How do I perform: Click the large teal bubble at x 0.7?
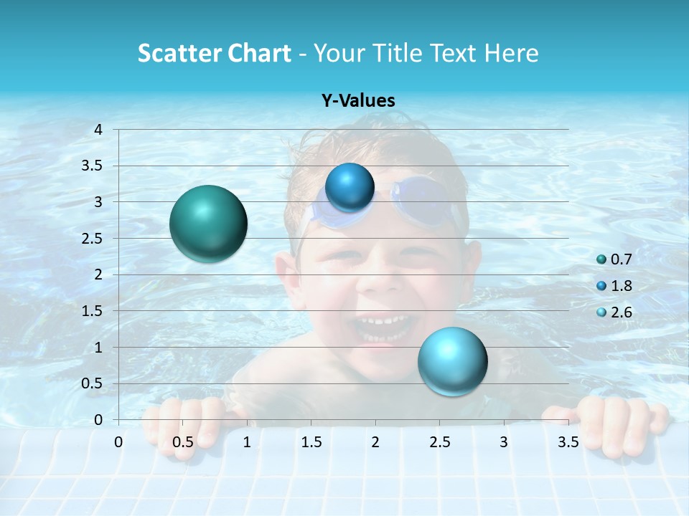pyautogui.click(x=209, y=224)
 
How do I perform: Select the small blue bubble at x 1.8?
pyautogui.click(x=350, y=187)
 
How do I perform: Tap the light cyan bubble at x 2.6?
pyautogui.click(x=452, y=361)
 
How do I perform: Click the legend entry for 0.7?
pyautogui.click(x=614, y=259)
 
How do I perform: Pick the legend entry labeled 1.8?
pyautogui.click(x=614, y=286)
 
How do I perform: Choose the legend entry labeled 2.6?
pyautogui.click(x=614, y=312)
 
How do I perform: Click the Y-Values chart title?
pyautogui.click(x=357, y=101)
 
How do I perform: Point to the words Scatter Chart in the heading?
pyautogui.click(x=214, y=53)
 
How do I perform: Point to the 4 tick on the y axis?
pyautogui.click(x=98, y=130)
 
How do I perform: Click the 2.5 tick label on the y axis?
pyautogui.click(x=92, y=239)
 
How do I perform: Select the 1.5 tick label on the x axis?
pyautogui.click(x=311, y=442)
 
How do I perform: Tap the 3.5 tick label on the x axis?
pyautogui.click(x=568, y=442)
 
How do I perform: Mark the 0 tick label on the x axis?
pyautogui.click(x=118, y=442)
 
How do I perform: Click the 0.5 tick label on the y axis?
pyautogui.click(x=92, y=383)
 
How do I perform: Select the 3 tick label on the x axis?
pyautogui.click(x=504, y=442)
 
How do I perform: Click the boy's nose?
pyautogui.click(x=386, y=280)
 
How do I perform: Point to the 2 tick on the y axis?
pyautogui.click(x=98, y=274)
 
